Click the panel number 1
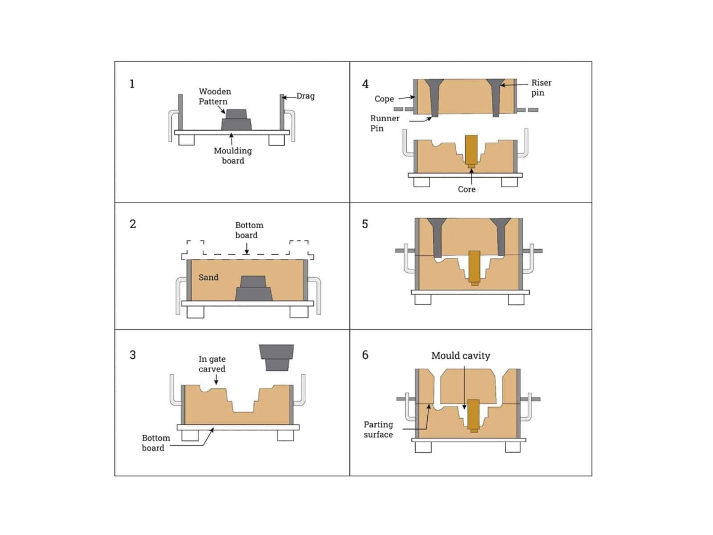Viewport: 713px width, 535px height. point(132,84)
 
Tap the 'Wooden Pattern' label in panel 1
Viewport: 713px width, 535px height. point(214,97)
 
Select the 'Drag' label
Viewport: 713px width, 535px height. point(305,96)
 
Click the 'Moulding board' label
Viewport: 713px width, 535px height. point(233,156)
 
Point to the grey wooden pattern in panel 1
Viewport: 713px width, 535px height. point(236,121)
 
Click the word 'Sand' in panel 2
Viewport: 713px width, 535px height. point(208,278)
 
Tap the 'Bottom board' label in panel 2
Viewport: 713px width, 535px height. point(249,230)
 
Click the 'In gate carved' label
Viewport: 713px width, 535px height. point(212,364)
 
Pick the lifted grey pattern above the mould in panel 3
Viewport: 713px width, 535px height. point(276,357)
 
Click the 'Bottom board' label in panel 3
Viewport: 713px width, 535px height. point(155,443)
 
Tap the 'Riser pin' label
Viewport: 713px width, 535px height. point(541,88)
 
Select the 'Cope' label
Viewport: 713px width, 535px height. point(384,99)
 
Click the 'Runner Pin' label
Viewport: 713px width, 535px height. point(384,123)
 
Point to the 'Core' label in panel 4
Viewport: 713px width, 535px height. point(467,189)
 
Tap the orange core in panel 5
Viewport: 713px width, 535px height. point(474,267)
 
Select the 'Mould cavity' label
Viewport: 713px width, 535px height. point(461,356)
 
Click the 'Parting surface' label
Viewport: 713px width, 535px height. point(378,430)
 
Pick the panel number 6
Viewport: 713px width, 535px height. point(365,355)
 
